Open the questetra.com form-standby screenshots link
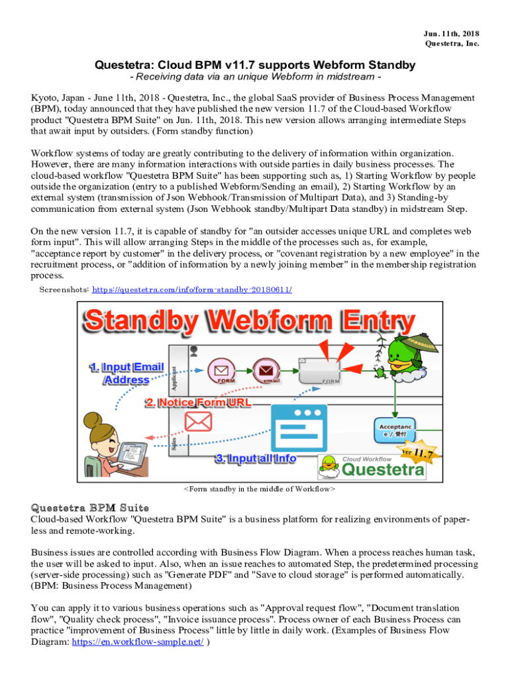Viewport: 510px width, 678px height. [191, 290]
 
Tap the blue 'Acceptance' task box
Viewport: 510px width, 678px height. [395, 430]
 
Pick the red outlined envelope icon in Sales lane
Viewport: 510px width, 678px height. [197, 420]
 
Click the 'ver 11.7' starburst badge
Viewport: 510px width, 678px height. [417, 453]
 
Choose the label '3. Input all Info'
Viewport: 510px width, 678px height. [254, 459]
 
